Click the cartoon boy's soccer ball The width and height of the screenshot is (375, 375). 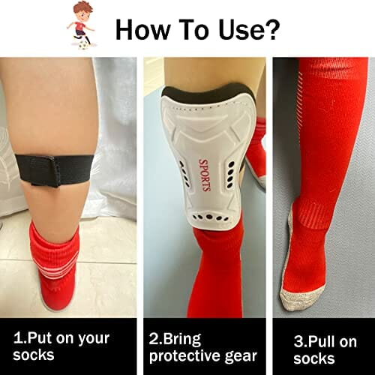click(x=82, y=45)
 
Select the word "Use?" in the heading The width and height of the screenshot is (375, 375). click(x=248, y=29)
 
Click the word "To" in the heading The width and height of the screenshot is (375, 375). click(x=193, y=29)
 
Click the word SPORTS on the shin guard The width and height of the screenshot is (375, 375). click(x=204, y=175)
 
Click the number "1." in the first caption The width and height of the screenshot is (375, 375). click(x=19, y=338)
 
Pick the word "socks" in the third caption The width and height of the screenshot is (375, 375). click(x=314, y=358)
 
